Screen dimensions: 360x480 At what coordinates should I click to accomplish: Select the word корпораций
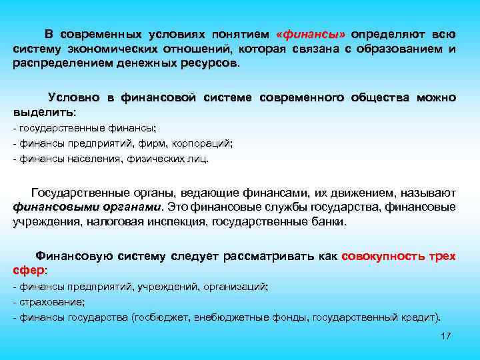click(202, 143)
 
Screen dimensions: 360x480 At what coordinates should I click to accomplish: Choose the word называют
click(429, 193)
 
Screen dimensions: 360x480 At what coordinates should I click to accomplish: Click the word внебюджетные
click(225, 317)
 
